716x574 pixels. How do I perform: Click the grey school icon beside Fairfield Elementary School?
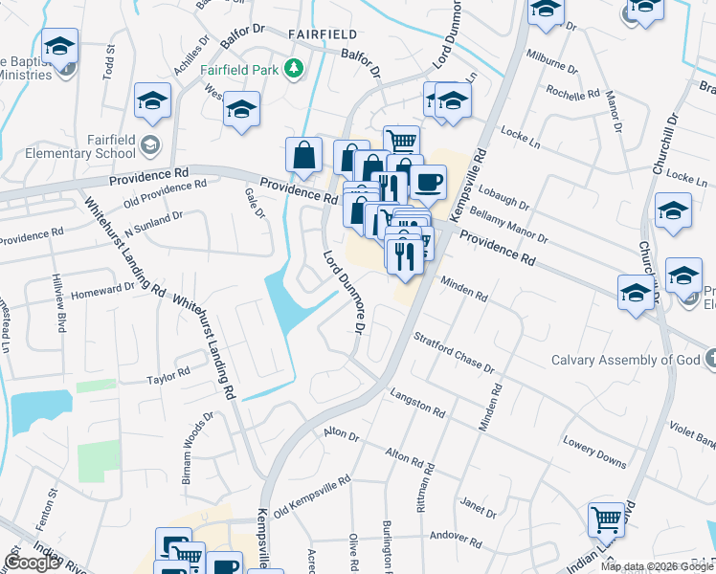point(148,145)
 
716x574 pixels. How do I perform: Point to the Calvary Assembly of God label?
point(627,360)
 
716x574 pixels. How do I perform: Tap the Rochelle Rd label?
point(571,91)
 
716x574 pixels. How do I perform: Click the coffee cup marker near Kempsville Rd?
point(427,181)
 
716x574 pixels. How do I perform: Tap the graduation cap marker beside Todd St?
point(59,48)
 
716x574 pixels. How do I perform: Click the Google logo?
point(32,563)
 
